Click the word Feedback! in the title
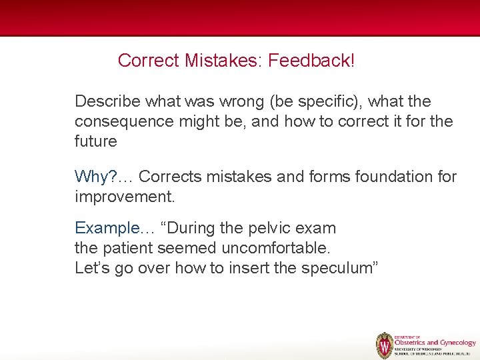(311, 61)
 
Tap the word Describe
(107, 101)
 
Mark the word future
(95, 141)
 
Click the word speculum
(340, 268)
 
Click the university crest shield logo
(384, 345)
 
